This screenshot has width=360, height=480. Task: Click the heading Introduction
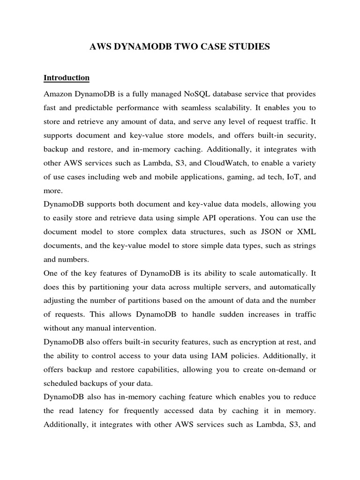pyautogui.click(x=67, y=77)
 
